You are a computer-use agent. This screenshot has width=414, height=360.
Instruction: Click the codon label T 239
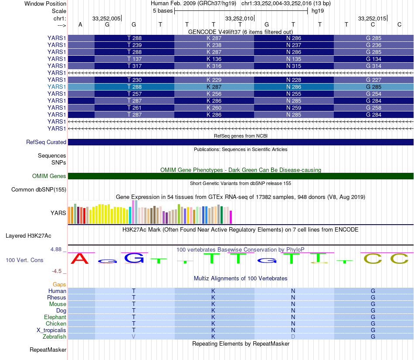134,45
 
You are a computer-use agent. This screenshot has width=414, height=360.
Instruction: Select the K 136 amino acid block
214,59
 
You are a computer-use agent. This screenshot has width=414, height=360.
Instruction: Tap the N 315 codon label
294,66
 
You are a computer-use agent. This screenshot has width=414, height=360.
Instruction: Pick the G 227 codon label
373,80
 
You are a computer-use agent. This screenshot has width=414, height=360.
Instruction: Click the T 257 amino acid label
134,94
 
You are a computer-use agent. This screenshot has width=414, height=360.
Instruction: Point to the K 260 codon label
214,108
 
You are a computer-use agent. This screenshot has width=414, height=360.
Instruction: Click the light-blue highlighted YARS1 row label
57,87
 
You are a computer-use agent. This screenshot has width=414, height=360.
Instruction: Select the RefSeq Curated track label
46,142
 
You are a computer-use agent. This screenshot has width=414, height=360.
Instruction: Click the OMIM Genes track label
49,176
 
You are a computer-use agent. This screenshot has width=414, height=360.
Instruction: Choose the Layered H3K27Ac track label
28,236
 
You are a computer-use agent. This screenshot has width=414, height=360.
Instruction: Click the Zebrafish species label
54,336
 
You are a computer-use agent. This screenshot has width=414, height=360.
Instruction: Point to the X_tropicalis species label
51,330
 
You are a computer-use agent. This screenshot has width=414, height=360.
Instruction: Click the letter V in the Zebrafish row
134,336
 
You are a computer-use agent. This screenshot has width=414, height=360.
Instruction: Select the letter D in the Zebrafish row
293,336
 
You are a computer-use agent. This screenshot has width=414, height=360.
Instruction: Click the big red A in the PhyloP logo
80,259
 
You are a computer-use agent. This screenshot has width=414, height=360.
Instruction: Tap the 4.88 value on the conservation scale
56,249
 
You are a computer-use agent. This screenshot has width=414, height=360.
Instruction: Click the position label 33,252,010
239,18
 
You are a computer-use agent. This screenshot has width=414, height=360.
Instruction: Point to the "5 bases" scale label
163,11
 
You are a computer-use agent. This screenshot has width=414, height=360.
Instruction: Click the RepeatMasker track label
48,350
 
